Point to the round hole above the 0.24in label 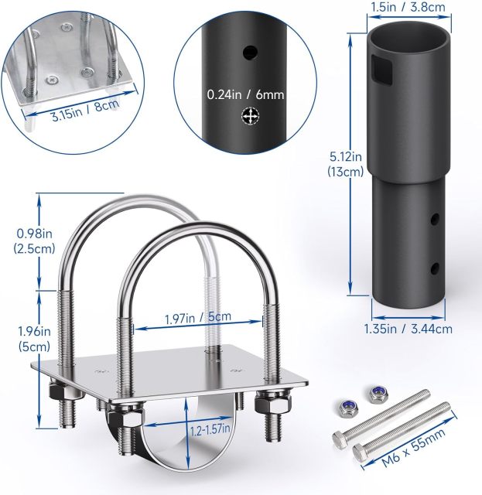(249, 53)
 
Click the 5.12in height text (343, 159)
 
